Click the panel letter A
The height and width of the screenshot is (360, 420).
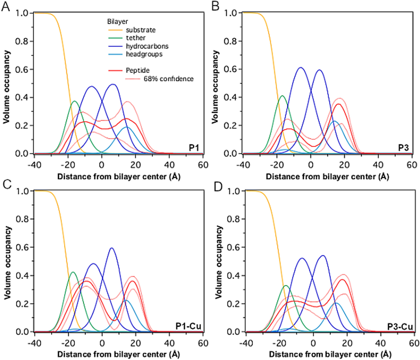[5, 6]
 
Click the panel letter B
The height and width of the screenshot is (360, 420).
[215, 6]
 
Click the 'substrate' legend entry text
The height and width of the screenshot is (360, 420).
[140, 30]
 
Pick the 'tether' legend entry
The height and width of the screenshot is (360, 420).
[136, 38]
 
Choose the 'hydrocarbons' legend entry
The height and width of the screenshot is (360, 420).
[147, 46]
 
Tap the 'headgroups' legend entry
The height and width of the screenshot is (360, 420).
[144, 54]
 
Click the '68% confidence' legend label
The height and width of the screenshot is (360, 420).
[168, 79]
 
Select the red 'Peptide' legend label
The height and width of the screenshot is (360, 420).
[138, 70]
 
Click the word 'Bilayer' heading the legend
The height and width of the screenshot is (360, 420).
[117, 22]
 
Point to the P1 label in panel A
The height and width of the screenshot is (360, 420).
[194, 147]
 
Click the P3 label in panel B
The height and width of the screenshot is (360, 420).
[403, 147]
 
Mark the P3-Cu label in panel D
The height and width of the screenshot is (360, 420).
[400, 327]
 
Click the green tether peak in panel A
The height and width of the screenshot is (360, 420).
[74, 101]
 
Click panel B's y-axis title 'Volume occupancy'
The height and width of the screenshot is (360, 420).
[215, 87]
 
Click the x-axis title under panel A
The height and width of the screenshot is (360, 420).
[119, 177]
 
